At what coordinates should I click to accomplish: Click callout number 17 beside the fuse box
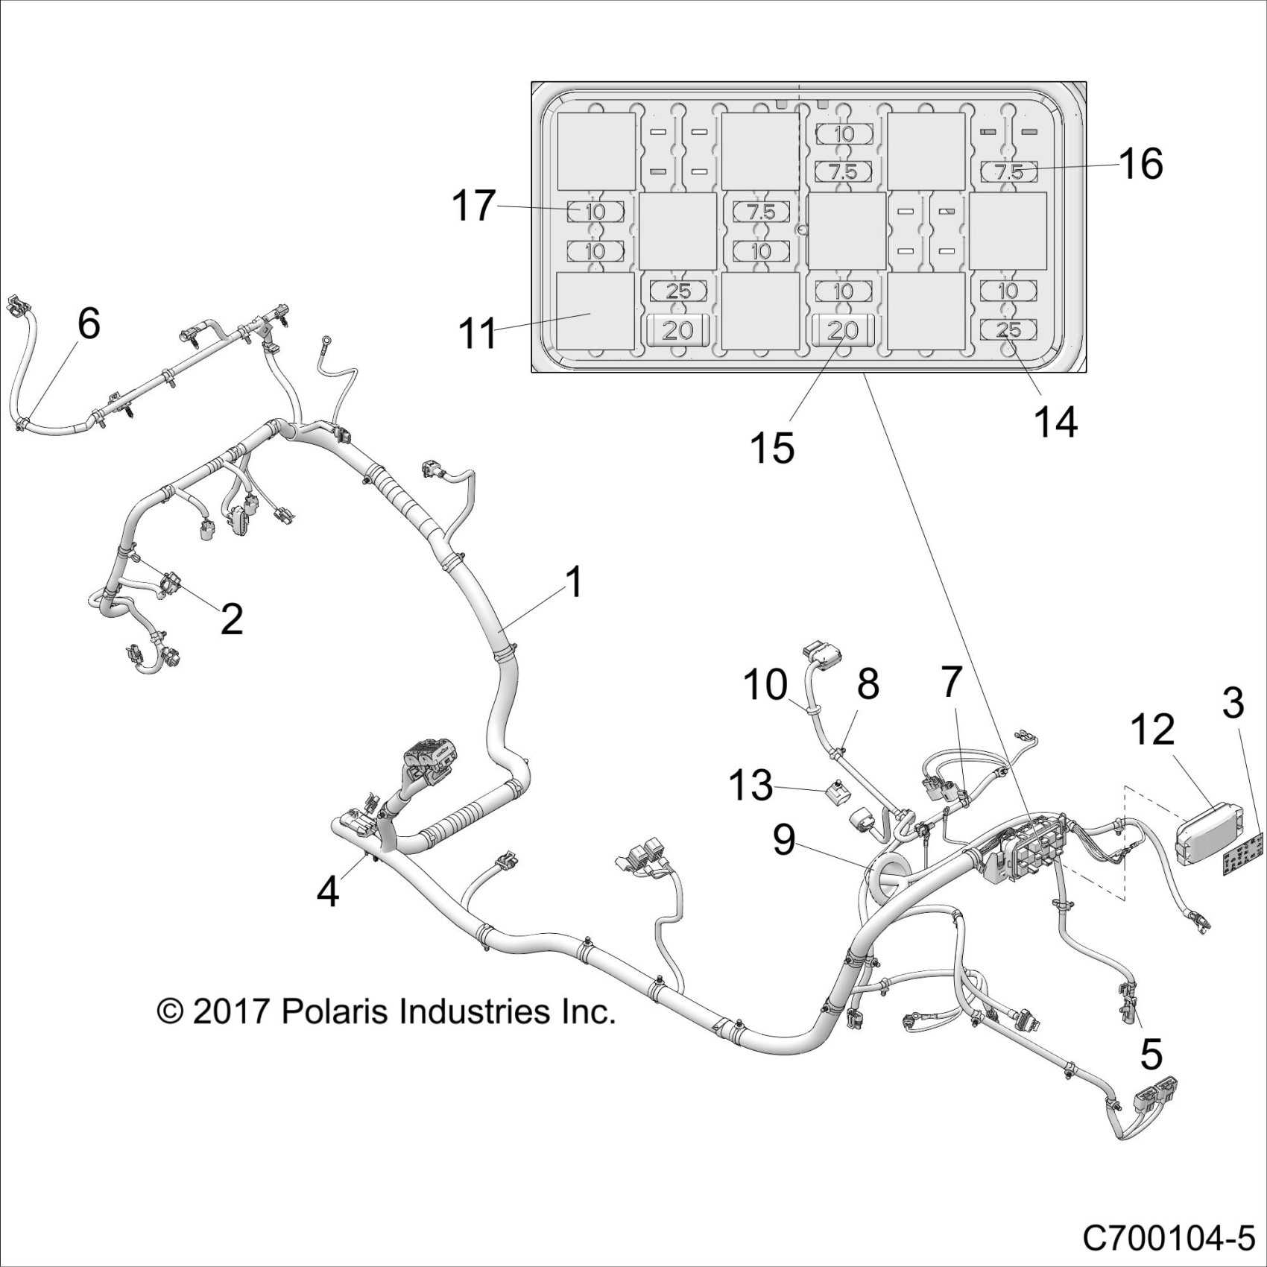pyautogui.click(x=474, y=206)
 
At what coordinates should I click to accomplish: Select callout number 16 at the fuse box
pyautogui.click(x=1141, y=164)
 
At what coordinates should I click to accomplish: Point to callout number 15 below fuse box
pyautogui.click(x=773, y=448)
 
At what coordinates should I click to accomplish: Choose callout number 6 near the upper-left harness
pyautogui.click(x=89, y=323)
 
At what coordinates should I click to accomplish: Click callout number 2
pyautogui.click(x=232, y=619)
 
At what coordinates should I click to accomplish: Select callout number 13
pyautogui.click(x=751, y=786)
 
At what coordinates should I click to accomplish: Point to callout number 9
pyautogui.click(x=784, y=841)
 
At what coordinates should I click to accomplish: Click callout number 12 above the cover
pyautogui.click(x=1153, y=729)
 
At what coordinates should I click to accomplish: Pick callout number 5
pyautogui.click(x=1151, y=1055)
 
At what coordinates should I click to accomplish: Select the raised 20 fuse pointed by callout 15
pyautogui.click(x=843, y=329)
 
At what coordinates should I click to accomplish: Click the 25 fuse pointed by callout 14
pyautogui.click(x=1008, y=329)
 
